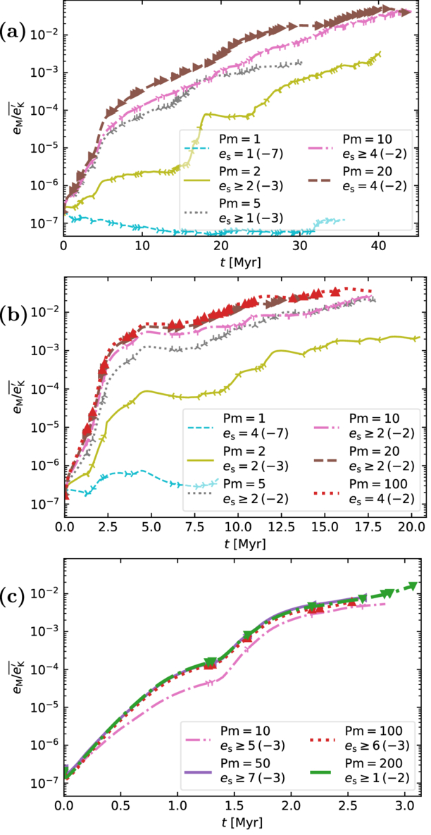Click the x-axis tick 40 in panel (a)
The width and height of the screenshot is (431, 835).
[379, 247]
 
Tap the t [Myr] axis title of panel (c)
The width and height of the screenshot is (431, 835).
[242, 821]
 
